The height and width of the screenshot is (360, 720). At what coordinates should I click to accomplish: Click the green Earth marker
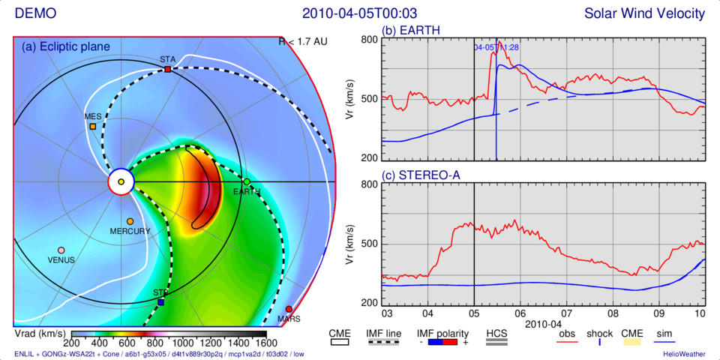click(x=246, y=181)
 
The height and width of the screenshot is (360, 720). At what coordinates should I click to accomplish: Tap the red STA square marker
click(x=167, y=69)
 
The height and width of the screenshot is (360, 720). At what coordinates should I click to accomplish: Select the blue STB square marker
click(x=161, y=301)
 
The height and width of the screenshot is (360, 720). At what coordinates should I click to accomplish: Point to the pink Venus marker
click(x=61, y=250)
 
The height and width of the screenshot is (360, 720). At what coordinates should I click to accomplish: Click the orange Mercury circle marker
click(x=130, y=221)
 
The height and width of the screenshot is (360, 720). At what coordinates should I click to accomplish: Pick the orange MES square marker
click(x=93, y=126)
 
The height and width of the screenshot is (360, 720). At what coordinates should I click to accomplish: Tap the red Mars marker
click(x=289, y=309)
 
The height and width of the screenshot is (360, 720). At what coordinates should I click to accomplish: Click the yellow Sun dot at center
click(x=121, y=181)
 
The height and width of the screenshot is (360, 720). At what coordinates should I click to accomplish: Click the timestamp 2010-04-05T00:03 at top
click(x=360, y=13)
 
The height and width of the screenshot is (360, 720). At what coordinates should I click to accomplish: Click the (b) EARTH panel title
click(x=411, y=31)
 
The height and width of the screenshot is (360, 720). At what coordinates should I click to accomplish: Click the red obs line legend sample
click(x=568, y=343)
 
